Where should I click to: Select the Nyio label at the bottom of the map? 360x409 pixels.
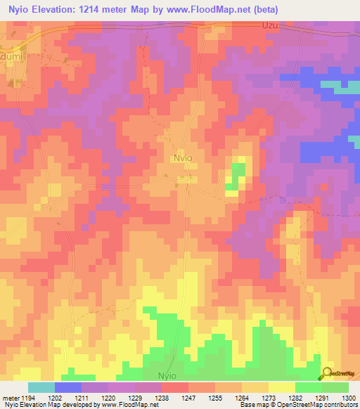click(x=172, y=376)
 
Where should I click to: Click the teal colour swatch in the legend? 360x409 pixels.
click(x=41, y=387)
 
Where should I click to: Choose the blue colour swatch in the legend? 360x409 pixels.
click(x=68, y=387)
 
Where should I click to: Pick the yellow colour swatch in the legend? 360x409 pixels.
click(x=281, y=387)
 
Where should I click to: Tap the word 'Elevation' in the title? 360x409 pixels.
click(x=63, y=10)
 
